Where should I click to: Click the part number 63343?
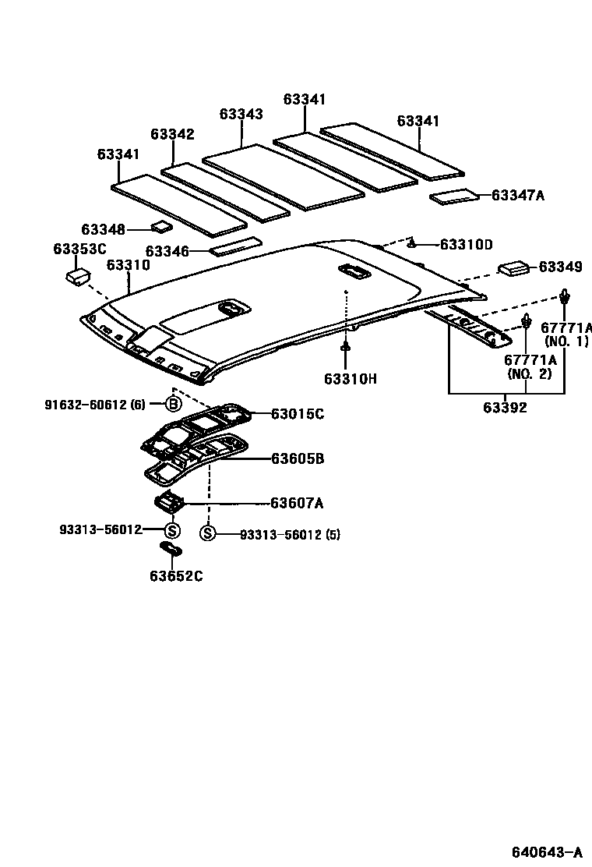tap(241, 114)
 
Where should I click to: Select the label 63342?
tap(172, 134)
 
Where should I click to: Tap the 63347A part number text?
tap(517, 195)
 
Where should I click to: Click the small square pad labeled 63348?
tap(162, 227)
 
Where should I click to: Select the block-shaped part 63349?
tap(513, 267)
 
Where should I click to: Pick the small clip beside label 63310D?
tap(414, 243)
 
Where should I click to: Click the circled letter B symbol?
tap(173, 404)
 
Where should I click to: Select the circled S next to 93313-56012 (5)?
tap(207, 534)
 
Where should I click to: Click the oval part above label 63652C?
tap(171, 549)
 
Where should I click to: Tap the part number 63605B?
tap(297, 458)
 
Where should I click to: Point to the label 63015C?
tap(297, 414)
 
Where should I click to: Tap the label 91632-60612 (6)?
tap(94, 404)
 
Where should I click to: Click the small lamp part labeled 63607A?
tap(169, 501)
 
